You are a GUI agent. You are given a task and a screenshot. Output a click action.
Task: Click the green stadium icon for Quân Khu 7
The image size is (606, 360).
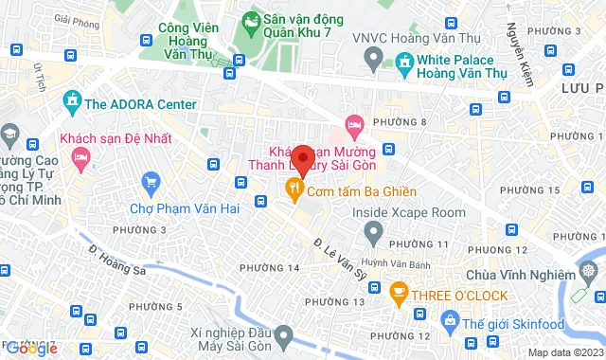[251, 20]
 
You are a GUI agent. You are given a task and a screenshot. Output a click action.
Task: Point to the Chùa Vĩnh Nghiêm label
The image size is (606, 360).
[521, 275]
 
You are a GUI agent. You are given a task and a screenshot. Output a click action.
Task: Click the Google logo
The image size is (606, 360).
[30, 349]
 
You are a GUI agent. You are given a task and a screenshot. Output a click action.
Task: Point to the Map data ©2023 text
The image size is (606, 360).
[563, 352]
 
